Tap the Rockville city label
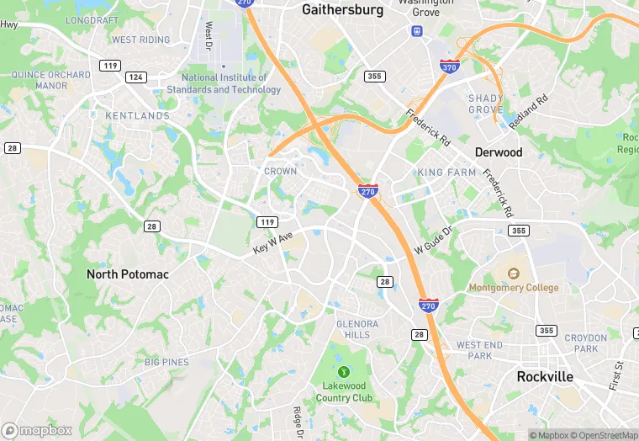[x=546, y=376]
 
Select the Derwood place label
[x=499, y=152]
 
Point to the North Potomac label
[x=128, y=274]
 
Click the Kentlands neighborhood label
[x=138, y=115]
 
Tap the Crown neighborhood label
[x=281, y=171]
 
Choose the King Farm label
[x=446, y=173]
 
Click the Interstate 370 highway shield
[x=449, y=66]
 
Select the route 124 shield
[x=135, y=77]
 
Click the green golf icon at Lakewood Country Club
[x=343, y=371]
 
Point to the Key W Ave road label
[x=273, y=244]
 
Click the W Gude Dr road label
[x=433, y=241]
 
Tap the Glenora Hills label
[x=358, y=329]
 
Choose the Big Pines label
[x=166, y=362]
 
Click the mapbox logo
[x=37, y=430]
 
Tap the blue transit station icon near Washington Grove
[x=416, y=31]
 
